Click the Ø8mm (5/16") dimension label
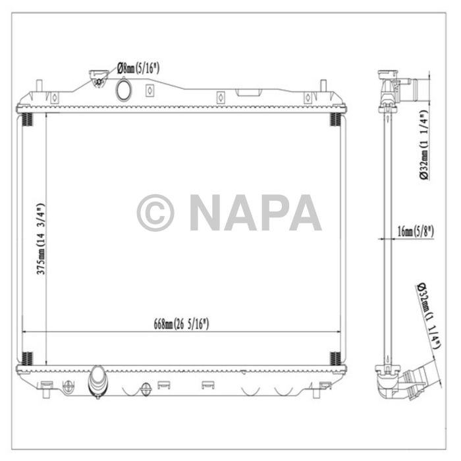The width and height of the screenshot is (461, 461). tap(138, 67)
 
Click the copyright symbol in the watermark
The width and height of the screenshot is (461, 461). tap(155, 213)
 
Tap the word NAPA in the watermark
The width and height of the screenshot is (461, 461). tap(255, 213)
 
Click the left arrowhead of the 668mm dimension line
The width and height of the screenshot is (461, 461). tap(26, 331)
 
